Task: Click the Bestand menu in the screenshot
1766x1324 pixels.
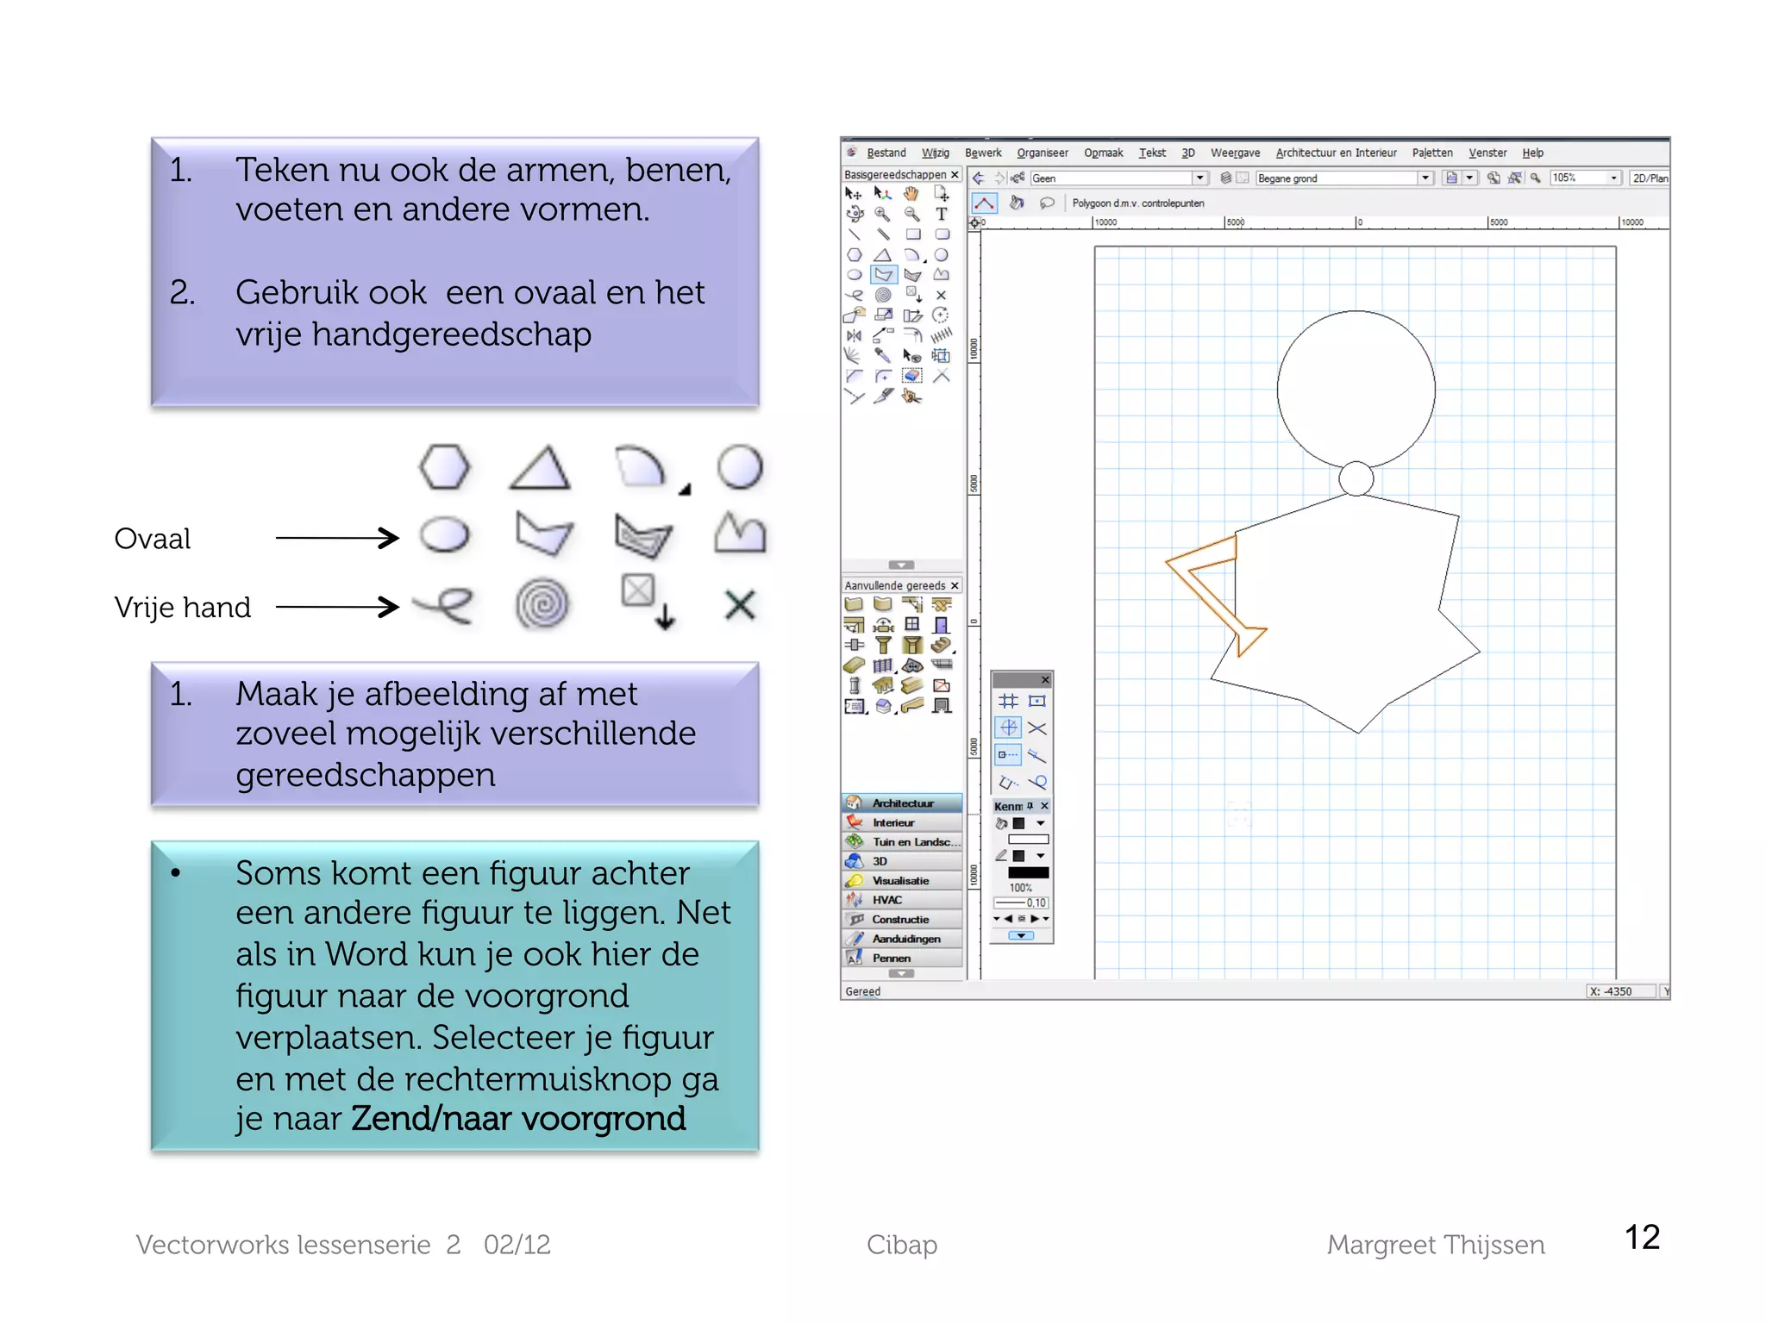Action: (x=886, y=153)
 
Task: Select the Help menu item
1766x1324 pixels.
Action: (x=1532, y=153)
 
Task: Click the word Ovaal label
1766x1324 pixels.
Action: (x=153, y=539)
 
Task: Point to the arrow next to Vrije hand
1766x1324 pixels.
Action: (x=336, y=607)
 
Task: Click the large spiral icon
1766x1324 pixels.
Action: (x=542, y=603)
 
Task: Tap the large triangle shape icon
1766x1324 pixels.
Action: (x=540, y=469)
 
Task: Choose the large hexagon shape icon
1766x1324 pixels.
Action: (x=445, y=467)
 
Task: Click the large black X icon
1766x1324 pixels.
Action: (x=740, y=604)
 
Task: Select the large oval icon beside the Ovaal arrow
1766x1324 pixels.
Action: (x=445, y=535)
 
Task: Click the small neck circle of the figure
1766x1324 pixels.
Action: (x=1356, y=478)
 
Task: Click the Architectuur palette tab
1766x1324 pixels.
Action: (x=902, y=803)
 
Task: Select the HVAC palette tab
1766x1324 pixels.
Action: (x=887, y=900)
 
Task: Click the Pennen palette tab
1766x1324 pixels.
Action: (x=891, y=958)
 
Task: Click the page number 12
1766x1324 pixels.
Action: (x=1642, y=1238)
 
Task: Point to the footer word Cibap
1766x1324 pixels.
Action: (x=902, y=1245)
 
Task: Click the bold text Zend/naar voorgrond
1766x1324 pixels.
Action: (x=518, y=1119)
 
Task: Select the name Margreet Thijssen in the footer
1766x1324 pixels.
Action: (x=1435, y=1245)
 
